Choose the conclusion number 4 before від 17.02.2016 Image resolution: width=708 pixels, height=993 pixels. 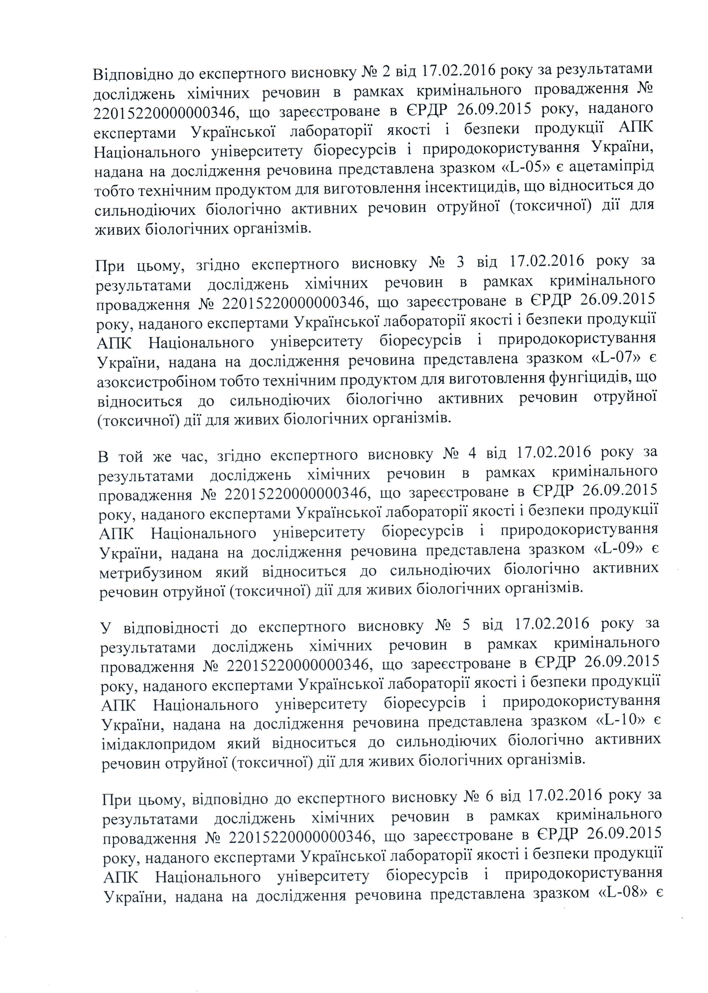471,453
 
